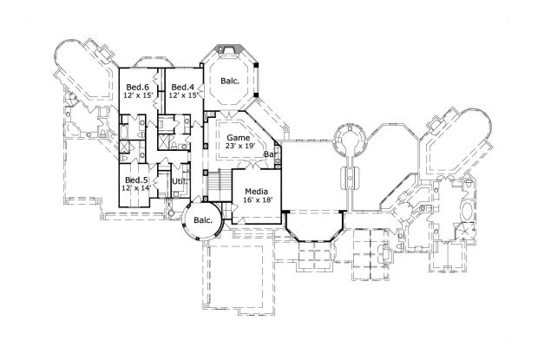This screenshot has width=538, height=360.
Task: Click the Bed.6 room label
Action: (x=136, y=87)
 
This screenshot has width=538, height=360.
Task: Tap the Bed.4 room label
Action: (x=181, y=87)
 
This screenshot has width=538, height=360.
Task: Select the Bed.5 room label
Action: (x=134, y=180)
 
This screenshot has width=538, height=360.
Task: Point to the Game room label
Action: (x=239, y=138)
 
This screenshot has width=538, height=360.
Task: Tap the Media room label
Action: (x=255, y=191)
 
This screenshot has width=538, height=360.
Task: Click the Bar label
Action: (x=270, y=154)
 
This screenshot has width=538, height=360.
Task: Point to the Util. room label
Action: (x=180, y=180)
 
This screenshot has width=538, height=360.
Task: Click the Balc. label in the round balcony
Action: (x=204, y=220)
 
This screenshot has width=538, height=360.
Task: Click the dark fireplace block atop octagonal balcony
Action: (x=230, y=43)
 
